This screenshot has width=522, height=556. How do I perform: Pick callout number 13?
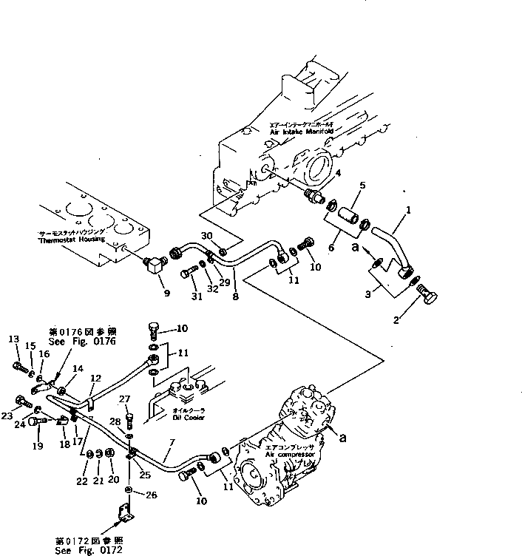[13, 339]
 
